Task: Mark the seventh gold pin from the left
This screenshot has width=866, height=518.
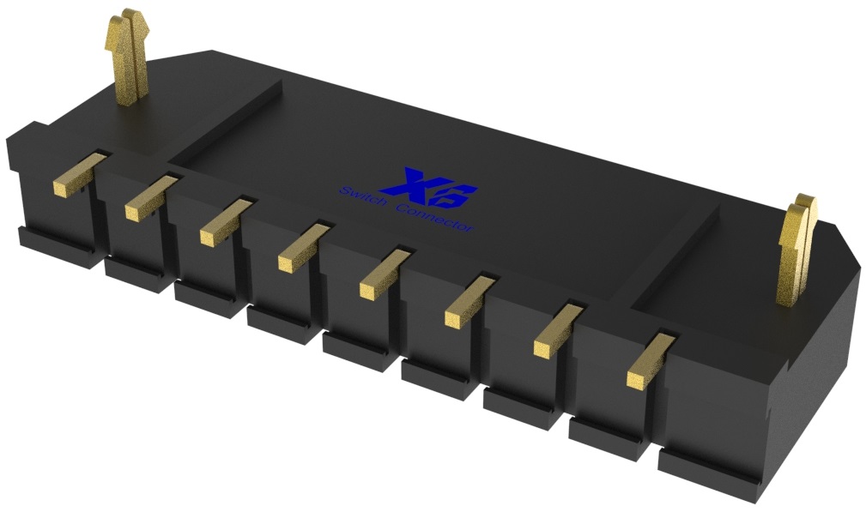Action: tap(553, 340)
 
